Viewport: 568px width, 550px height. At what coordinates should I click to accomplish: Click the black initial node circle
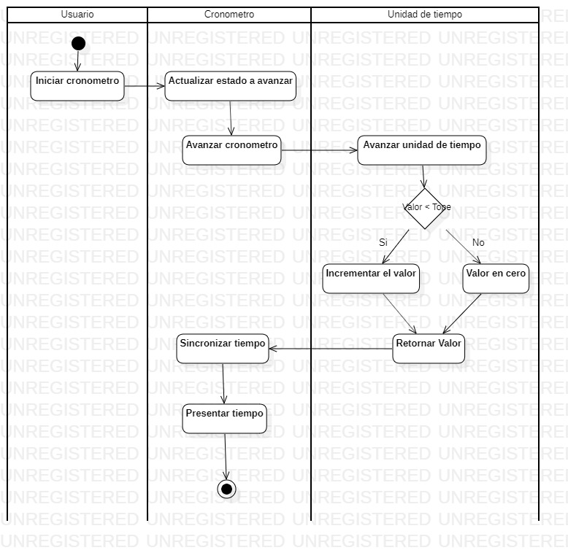[78, 44]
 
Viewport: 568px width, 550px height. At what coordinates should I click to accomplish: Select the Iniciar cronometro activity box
[77, 85]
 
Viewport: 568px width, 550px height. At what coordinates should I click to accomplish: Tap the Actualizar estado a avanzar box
[231, 85]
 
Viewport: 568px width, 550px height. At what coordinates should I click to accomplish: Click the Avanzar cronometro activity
[232, 150]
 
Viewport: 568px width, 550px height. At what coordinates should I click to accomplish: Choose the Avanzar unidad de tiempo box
[422, 150]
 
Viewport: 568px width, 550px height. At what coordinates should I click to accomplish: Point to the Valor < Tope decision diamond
[424, 208]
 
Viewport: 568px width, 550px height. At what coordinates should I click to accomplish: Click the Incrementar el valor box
[371, 279]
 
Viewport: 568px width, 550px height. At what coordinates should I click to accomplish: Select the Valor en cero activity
[496, 279]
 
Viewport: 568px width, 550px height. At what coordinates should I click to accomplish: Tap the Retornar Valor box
[429, 348]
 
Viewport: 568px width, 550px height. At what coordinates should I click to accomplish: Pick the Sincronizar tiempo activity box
[222, 348]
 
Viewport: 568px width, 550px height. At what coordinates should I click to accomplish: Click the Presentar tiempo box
[224, 418]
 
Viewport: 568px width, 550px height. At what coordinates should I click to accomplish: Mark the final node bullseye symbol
[226, 489]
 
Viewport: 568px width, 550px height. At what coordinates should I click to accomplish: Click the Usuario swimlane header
[77, 15]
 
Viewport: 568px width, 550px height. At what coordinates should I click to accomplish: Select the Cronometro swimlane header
[229, 15]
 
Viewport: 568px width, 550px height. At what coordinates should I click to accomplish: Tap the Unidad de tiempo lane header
[424, 15]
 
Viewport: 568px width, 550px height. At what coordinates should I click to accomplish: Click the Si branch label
[383, 242]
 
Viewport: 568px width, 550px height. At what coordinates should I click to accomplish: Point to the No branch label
[478, 242]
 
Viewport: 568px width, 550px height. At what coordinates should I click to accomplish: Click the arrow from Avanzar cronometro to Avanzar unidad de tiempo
[320, 151]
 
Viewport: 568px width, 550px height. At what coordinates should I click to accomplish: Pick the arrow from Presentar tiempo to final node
[226, 456]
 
